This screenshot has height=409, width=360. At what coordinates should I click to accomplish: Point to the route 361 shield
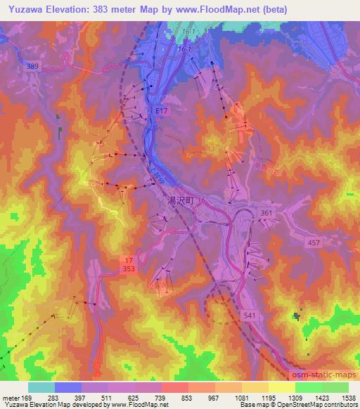(x=266, y=212)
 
